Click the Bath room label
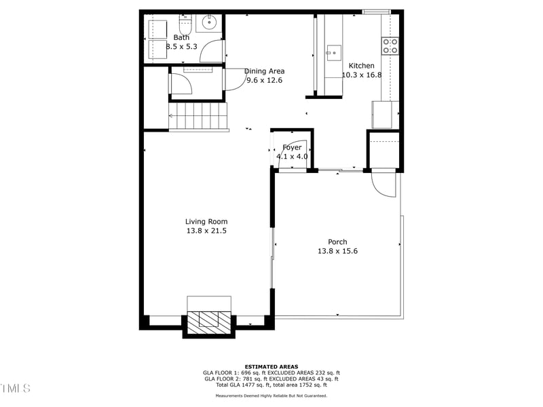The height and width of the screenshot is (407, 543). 181,37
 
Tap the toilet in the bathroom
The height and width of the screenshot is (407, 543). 185,24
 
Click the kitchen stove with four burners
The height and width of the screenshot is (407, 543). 390,45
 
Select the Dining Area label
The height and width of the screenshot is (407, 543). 264,71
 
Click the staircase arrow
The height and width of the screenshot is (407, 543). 172,116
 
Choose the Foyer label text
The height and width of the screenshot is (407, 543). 292,147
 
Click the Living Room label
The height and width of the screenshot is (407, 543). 206,221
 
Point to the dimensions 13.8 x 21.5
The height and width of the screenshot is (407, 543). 206,231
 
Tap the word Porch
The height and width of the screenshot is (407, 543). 337,241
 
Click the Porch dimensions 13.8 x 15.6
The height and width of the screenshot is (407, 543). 337,251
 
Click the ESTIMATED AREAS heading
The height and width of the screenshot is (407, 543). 271,367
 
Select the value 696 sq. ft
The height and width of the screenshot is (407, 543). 261,373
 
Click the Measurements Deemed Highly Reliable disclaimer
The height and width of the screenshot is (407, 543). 271,395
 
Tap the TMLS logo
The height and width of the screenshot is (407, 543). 15,388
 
